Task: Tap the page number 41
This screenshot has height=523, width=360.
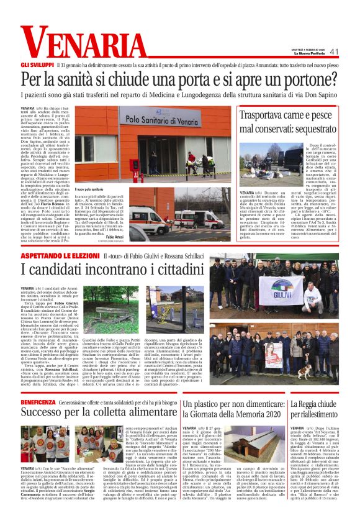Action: coord(335,52)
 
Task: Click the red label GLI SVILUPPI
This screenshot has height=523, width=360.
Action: coord(36,65)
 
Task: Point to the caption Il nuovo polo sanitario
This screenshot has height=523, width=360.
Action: coord(89,189)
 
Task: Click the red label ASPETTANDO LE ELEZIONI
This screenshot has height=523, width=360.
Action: coord(60,255)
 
